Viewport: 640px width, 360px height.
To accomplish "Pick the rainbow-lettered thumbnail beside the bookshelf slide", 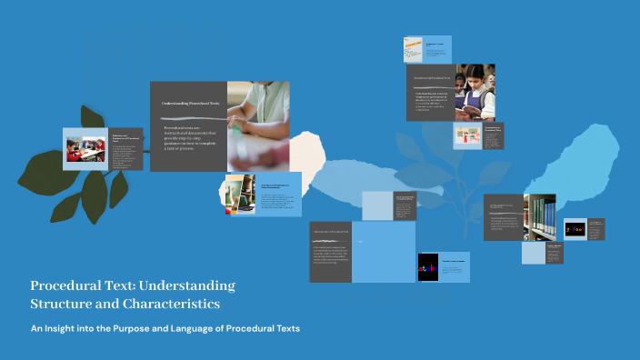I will (575, 230).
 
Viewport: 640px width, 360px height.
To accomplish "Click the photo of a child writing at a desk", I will (258, 125).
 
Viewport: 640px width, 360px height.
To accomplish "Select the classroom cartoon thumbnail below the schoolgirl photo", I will (467, 136).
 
